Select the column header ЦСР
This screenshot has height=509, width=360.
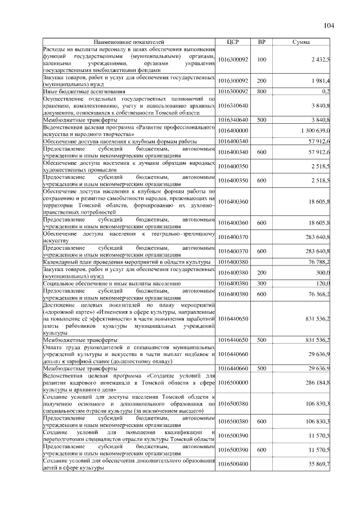(233, 42)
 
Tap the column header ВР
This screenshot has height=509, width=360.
(262, 42)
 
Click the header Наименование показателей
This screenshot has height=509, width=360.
(129, 42)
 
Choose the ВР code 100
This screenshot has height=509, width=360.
(262, 60)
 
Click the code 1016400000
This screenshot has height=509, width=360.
(233, 130)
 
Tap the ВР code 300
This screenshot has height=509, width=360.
(262, 283)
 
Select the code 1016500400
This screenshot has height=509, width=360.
(233, 464)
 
